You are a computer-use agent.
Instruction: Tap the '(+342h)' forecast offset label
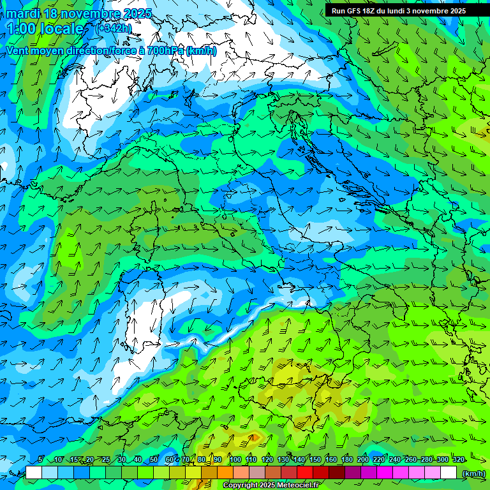(114, 29)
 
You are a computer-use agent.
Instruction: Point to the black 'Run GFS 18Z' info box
(399, 11)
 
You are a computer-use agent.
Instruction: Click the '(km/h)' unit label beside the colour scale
(473, 473)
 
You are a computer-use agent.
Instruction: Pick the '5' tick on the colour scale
(41, 459)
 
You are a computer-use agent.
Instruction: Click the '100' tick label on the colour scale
(235, 459)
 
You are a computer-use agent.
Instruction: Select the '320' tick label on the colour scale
(458, 459)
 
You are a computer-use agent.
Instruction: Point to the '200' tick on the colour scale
(363, 459)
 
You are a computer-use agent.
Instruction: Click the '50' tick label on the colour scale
(154, 459)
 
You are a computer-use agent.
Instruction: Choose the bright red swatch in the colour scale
(305, 473)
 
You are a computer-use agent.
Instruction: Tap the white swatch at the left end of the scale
(34, 473)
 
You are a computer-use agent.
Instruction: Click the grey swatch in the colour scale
(257, 473)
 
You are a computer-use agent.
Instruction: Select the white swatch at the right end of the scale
(449, 473)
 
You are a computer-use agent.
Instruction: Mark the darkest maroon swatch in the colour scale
(337, 473)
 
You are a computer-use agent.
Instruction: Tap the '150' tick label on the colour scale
(315, 459)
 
